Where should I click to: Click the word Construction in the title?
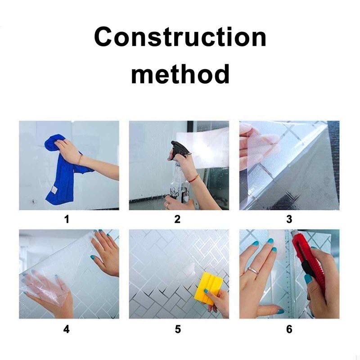(180, 37)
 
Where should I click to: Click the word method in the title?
(180, 74)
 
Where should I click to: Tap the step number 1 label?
(67, 219)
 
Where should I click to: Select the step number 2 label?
(177, 219)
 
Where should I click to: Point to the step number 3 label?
(289, 219)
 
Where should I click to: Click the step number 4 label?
(66, 329)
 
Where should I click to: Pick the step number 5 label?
(178, 329)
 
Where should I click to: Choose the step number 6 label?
(289, 329)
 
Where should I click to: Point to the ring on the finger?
(252, 270)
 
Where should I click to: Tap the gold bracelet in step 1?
(80, 159)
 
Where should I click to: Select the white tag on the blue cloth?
(54, 190)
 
